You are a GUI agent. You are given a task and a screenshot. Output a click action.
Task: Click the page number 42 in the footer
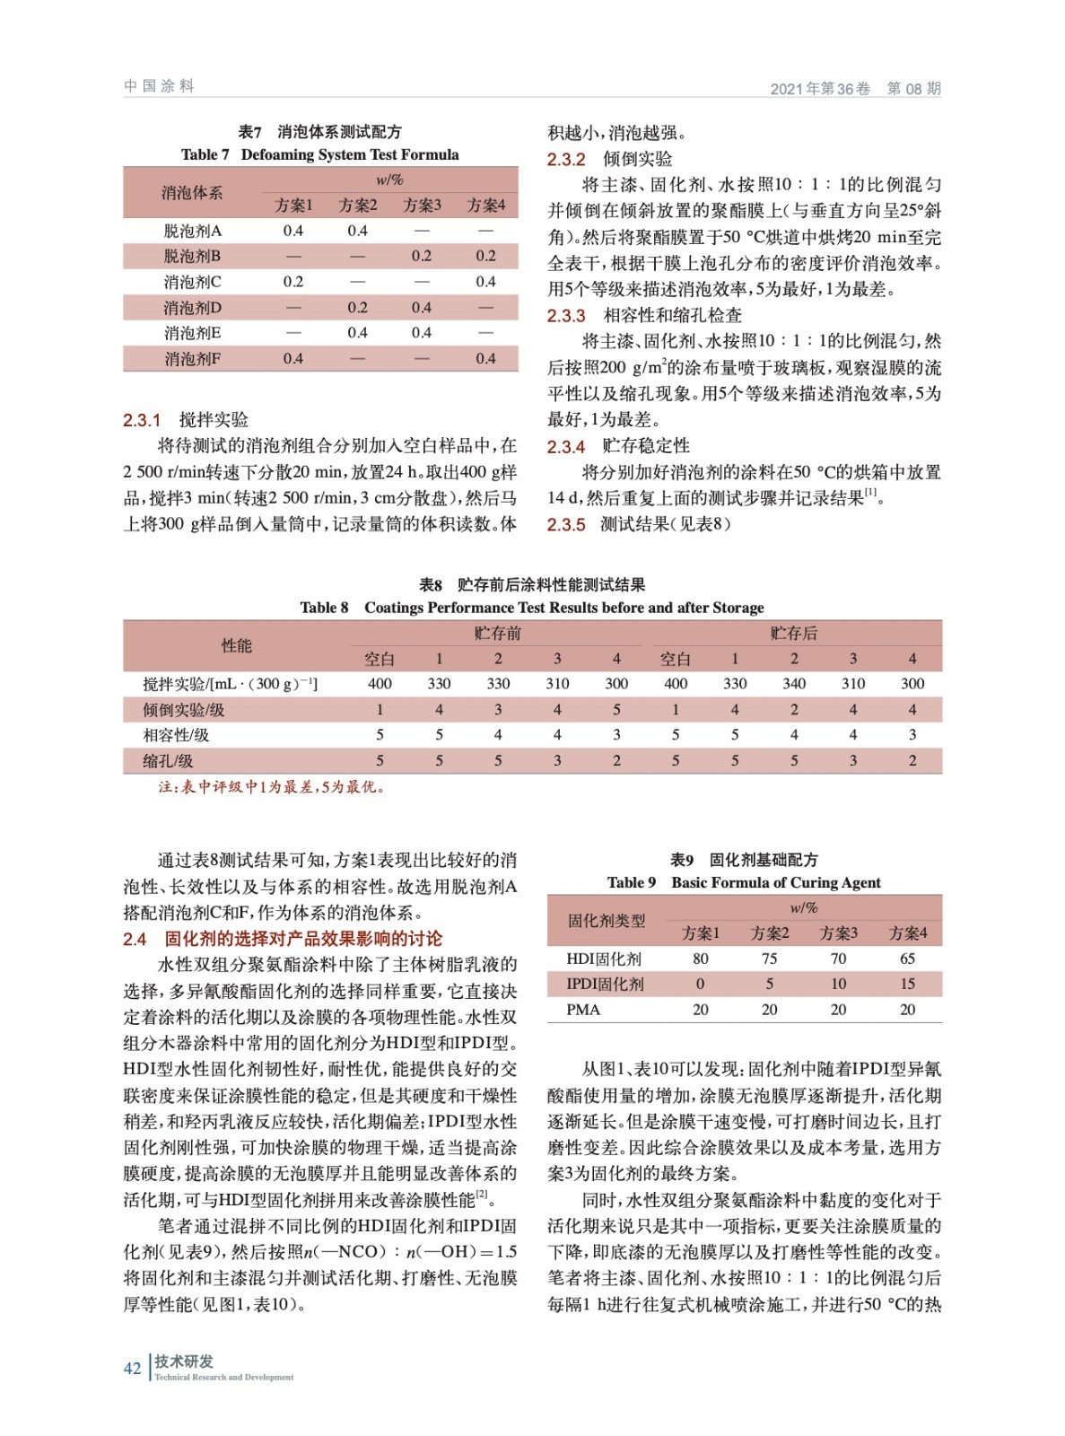pyautogui.click(x=132, y=1368)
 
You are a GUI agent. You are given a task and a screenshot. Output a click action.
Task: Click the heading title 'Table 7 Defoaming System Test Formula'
pyautogui.click(x=319, y=154)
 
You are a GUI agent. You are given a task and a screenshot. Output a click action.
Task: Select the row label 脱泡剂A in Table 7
pyautogui.click(x=192, y=231)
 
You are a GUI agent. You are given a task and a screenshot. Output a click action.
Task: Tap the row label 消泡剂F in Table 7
pyautogui.click(x=192, y=359)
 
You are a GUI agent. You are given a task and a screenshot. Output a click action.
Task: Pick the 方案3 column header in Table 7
pyautogui.click(x=422, y=206)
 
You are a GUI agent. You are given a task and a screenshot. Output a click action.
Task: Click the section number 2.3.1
pyautogui.click(x=142, y=420)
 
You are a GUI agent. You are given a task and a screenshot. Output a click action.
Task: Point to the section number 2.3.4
pyautogui.click(x=566, y=446)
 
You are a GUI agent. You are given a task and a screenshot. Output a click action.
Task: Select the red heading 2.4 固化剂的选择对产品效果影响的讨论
pyautogui.click(x=283, y=939)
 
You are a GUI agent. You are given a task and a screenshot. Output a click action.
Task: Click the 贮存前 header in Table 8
pyautogui.click(x=497, y=633)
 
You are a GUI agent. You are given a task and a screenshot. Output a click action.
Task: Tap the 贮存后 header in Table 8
pyautogui.click(x=793, y=633)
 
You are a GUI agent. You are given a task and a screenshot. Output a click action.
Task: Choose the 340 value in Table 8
pyautogui.click(x=794, y=684)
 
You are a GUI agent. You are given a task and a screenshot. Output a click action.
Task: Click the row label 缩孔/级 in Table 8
pyautogui.click(x=168, y=761)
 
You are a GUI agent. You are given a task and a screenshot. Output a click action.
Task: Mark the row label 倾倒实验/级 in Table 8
pyautogui.click(x=184, y=710)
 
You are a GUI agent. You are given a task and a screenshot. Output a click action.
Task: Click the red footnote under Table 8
pyautogui.click(x=272, y=787)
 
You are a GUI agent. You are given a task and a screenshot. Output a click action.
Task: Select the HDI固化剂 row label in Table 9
pyautogui.click(x=604, y=959)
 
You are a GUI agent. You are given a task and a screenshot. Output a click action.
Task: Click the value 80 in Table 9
pyautogui.click(x=701, y=959)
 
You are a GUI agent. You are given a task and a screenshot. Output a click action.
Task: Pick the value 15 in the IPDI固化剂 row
pyautogui.click(x=908, y=984)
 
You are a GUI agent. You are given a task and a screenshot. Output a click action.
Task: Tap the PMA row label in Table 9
pyautogui.click(x=583, y=1010)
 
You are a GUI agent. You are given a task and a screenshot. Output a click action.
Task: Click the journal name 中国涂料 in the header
pyautogui.click(x=159, y=86)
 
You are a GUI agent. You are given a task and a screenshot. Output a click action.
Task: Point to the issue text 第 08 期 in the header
pyautogui.click(x=913, y=88)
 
